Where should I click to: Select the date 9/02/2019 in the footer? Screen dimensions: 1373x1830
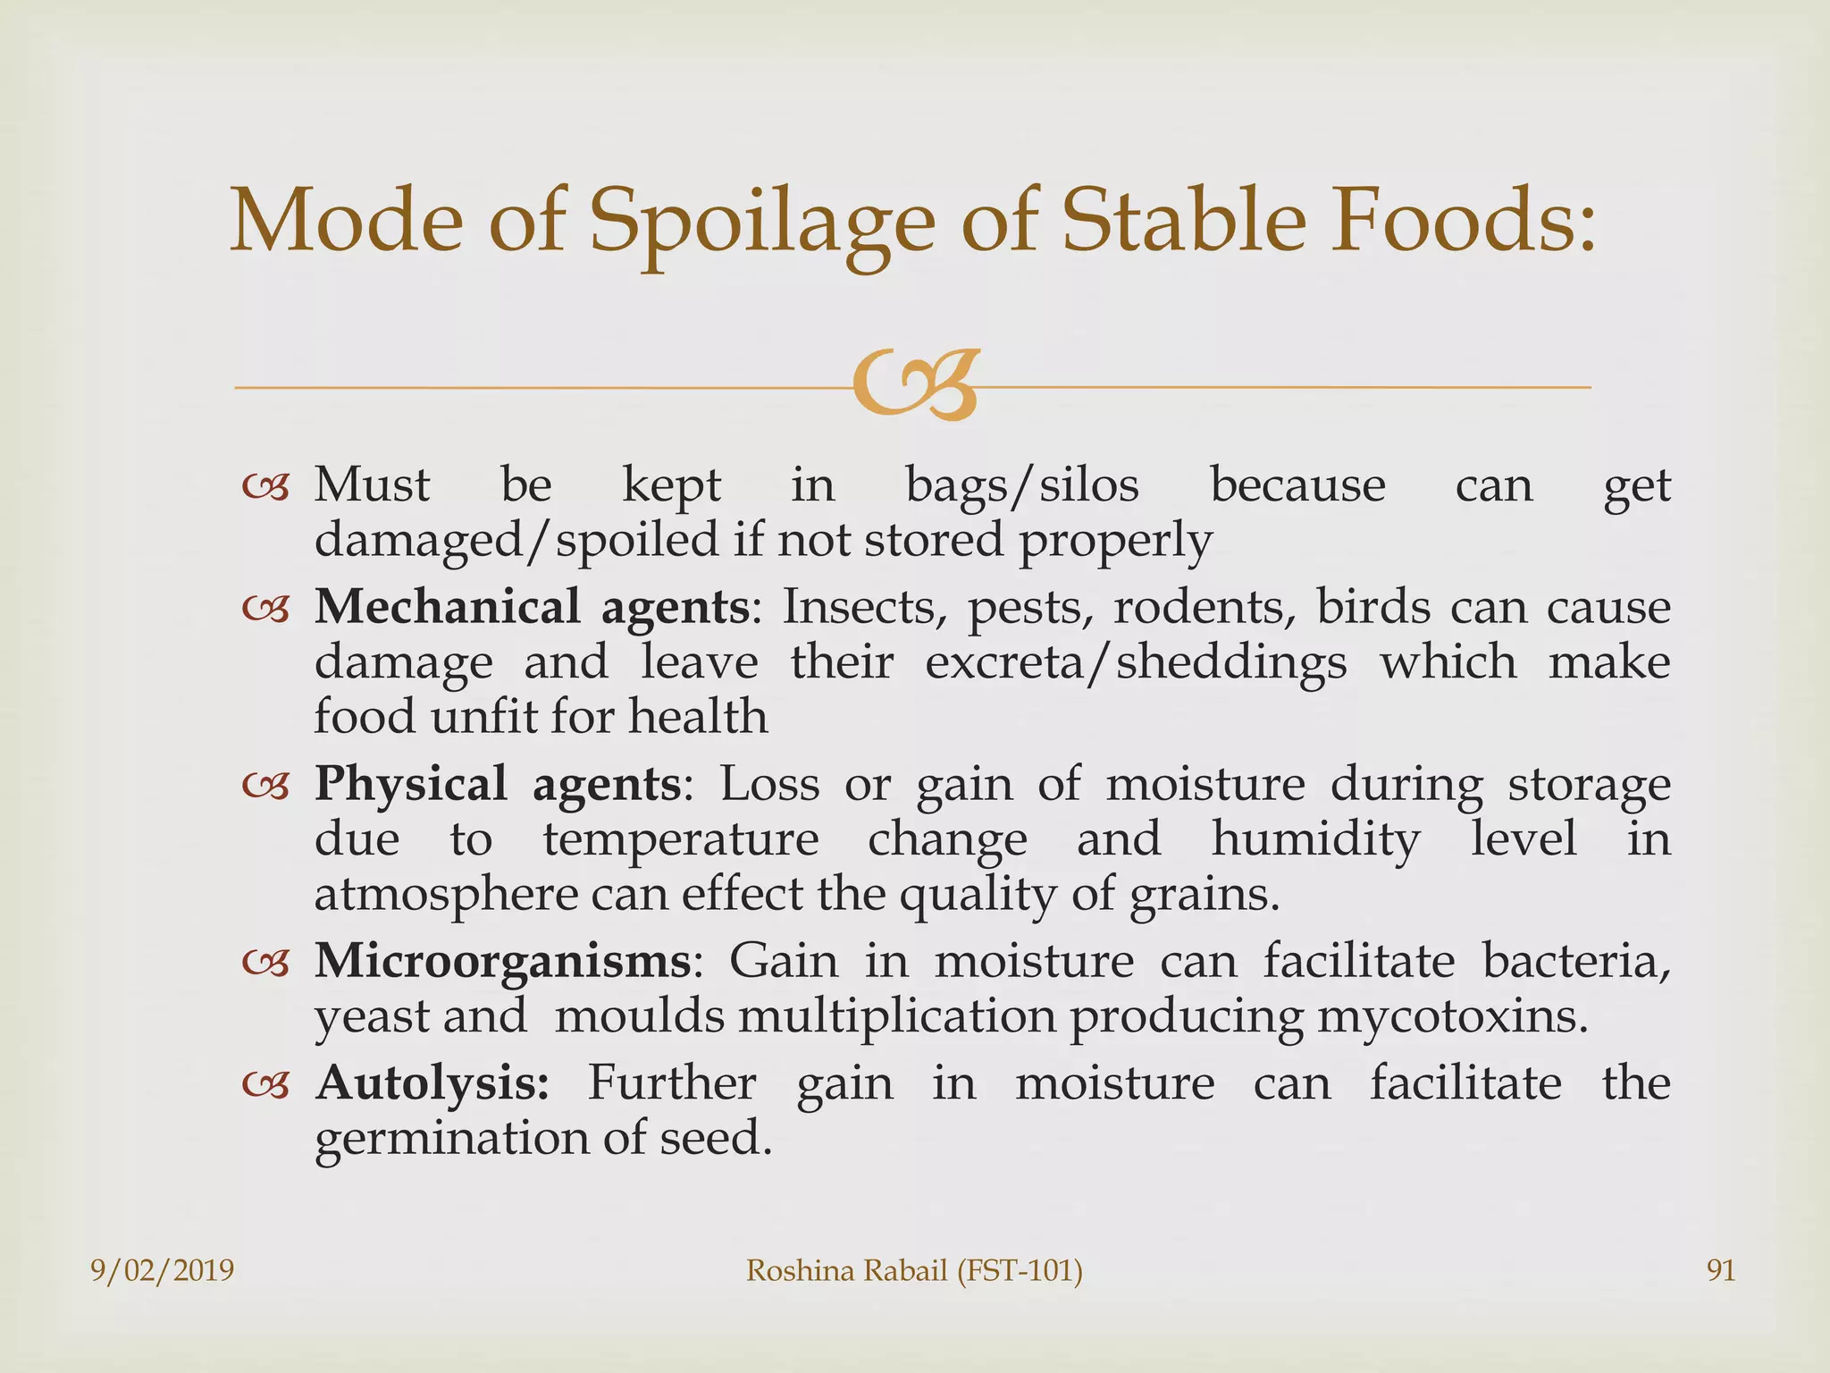pyautogui.click(x=163, y=1270)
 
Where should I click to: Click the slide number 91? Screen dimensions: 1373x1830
pyautogui.click(x=1721, y=1270)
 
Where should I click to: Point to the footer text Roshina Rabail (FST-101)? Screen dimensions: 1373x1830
pyautogui.click(x=914, y=1270)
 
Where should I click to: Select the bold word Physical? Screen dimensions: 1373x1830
pyautogui.click(x=410, y=784)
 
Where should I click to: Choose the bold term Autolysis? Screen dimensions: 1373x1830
pyautogui.click(x=432, y=1082)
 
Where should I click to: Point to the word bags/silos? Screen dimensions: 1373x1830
pyautogui.click(x=1022, y=486)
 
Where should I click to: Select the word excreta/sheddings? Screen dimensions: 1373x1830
pyautogui.click(x=1136, y=662)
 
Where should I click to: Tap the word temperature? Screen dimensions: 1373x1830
pyautogui.click(x=681, y=839)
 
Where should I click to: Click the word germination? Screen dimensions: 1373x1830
pyautogui.click(x=452, y=1138)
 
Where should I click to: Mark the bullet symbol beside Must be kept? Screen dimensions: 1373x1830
pyautogui.click(x=266, y=488)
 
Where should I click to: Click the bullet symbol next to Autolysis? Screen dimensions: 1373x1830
pyautogui.click(x=266, y=1085)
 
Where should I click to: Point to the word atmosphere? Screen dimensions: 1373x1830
pyautogui.click(x=446, y=895)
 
